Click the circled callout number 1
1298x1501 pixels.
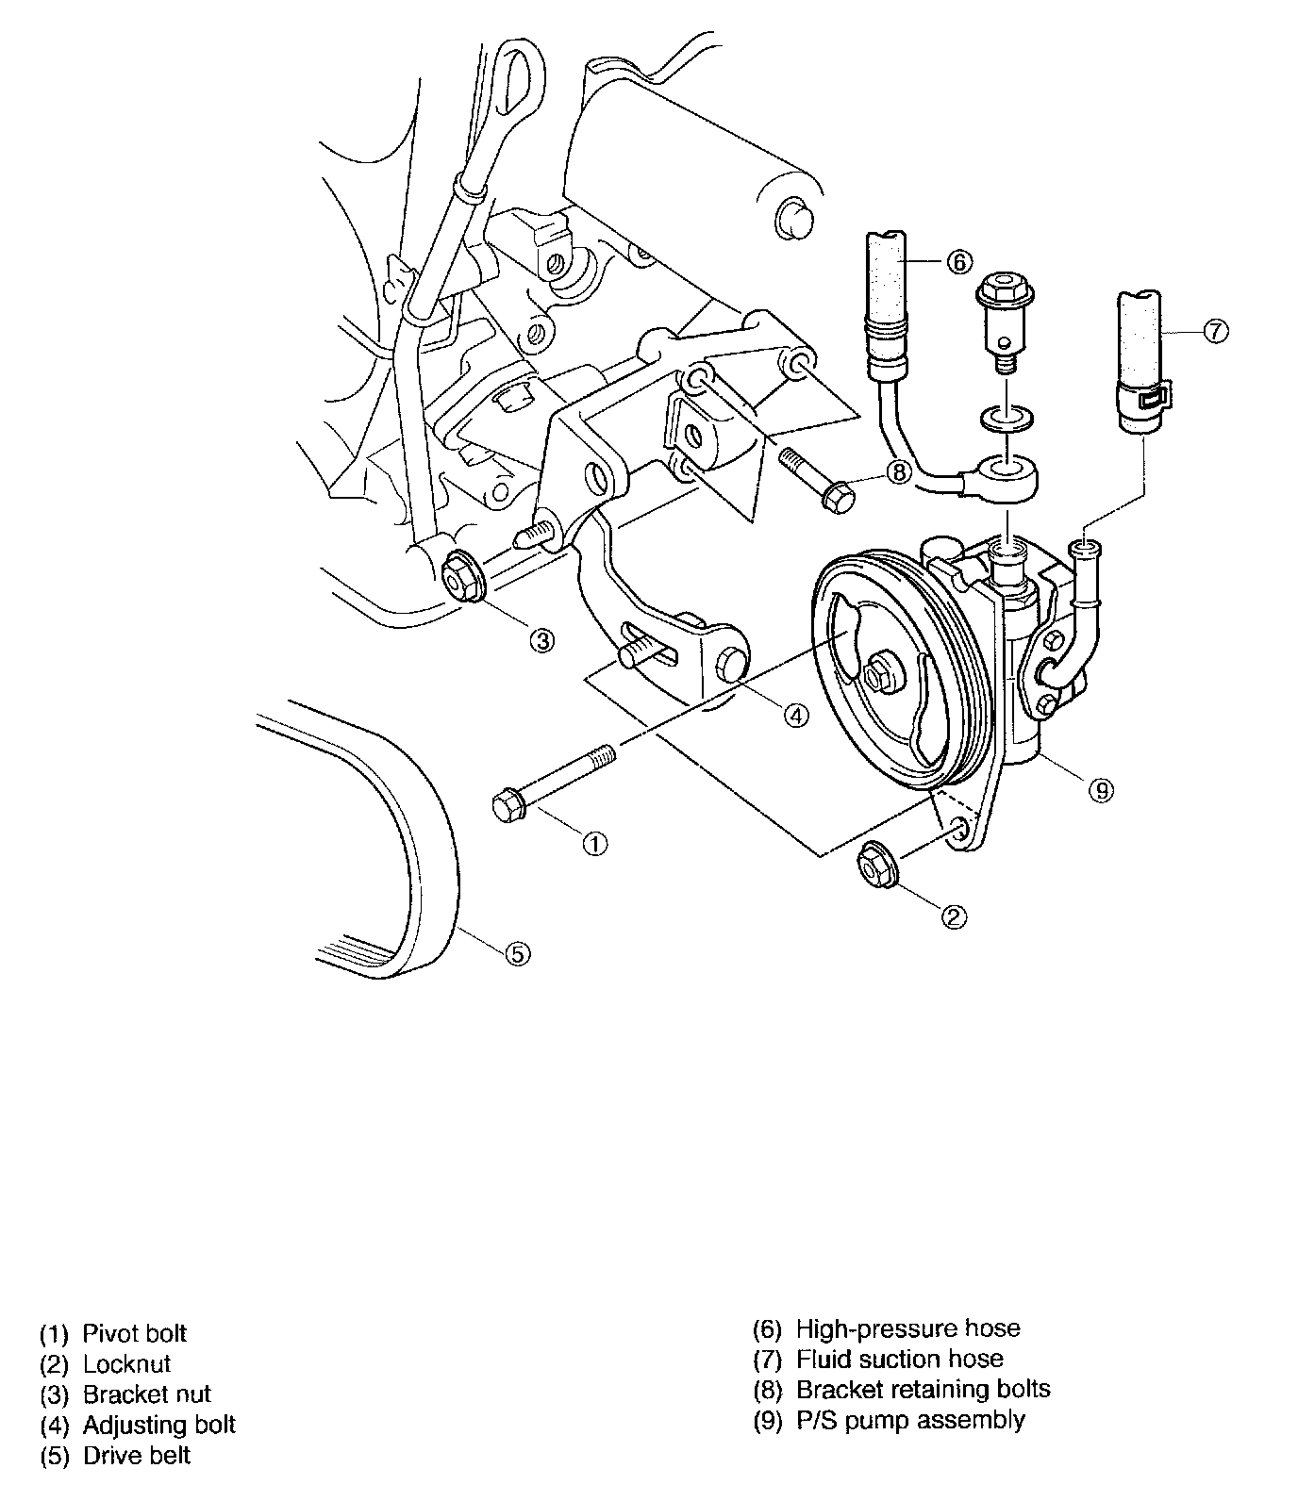click(594, 844)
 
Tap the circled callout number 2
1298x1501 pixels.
click(955, 915)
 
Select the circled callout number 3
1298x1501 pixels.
click(541, 641)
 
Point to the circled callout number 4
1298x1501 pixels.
click(796, 716)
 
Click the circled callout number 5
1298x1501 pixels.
click(517, 953)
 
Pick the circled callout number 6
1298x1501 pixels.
click(957, 261)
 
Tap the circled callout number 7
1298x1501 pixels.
click(1216, 330)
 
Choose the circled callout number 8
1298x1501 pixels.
click(899, 471)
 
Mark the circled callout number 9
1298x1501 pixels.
click(1100, 790)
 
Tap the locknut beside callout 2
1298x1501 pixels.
click(875, 866)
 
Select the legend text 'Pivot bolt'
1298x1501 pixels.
click(135, 1333)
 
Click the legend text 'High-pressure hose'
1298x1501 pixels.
click(908, 1328)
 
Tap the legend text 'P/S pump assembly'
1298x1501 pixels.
click(910, 1419)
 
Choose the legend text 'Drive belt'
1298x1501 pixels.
click(137, 1455)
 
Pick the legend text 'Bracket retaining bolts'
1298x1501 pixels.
click(924, 1389)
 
